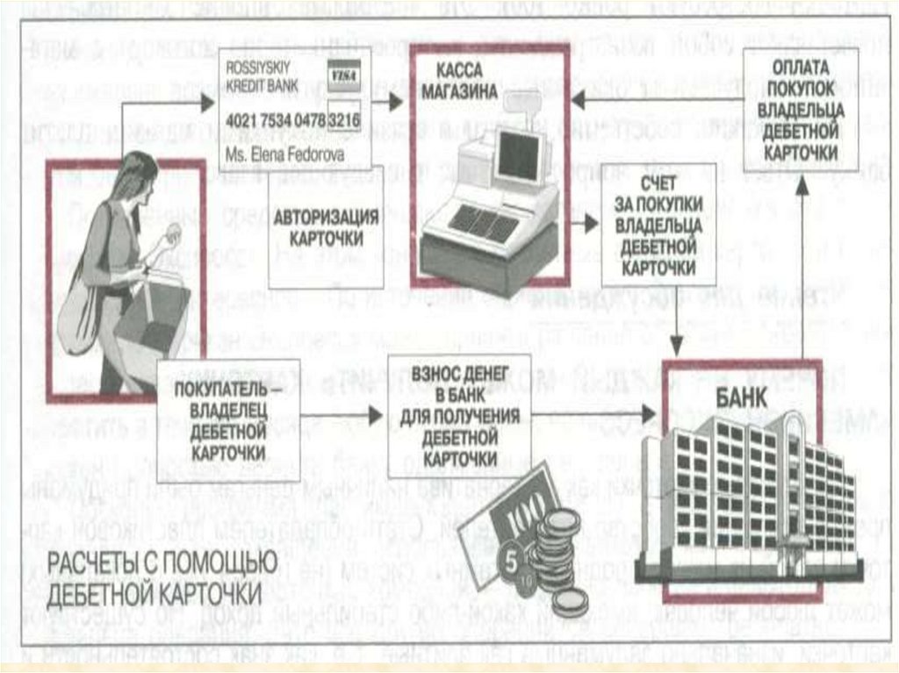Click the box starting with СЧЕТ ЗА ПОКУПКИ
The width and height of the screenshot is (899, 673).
click(657, 231)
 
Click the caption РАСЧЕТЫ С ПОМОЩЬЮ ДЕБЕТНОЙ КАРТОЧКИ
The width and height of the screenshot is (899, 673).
click(153, 575)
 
